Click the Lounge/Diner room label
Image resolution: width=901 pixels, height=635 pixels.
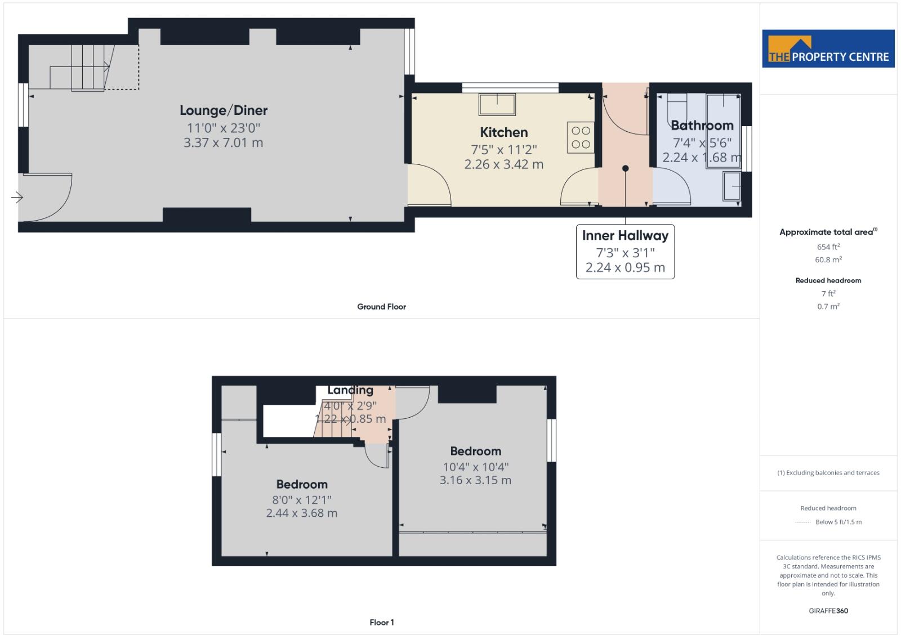(224, 110)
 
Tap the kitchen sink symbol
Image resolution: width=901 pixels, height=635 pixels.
(497, 105)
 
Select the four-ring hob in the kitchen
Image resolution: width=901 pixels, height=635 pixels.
(581, 137)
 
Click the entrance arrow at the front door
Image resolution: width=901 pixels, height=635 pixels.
(17, 197)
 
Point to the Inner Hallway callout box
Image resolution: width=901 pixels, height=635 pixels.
(625, 251)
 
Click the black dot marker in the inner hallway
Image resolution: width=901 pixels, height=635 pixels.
(625, 168)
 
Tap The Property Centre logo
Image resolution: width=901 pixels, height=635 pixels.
(828, 49)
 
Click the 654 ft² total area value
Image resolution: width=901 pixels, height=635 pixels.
(828, 247)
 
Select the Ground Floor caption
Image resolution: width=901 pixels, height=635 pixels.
(381, 307)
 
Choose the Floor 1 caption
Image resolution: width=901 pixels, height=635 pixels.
(381, 622)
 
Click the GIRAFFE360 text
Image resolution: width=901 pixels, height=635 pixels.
(828, 611)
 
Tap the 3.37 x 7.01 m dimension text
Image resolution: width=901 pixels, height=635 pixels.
(224, 143)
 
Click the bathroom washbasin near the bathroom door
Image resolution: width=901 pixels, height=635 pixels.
(732, 186)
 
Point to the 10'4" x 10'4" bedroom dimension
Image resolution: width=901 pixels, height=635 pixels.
(475, 467)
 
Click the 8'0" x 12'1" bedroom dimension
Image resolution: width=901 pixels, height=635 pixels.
(302, 499)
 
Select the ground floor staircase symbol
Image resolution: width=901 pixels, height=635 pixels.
(84, 68)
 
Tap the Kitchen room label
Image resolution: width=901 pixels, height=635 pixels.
(503, 132)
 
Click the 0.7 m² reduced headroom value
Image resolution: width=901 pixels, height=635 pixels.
(828, 307)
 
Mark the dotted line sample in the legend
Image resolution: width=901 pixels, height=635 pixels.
(802, 522)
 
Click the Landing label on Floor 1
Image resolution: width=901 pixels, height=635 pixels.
(350, 390)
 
